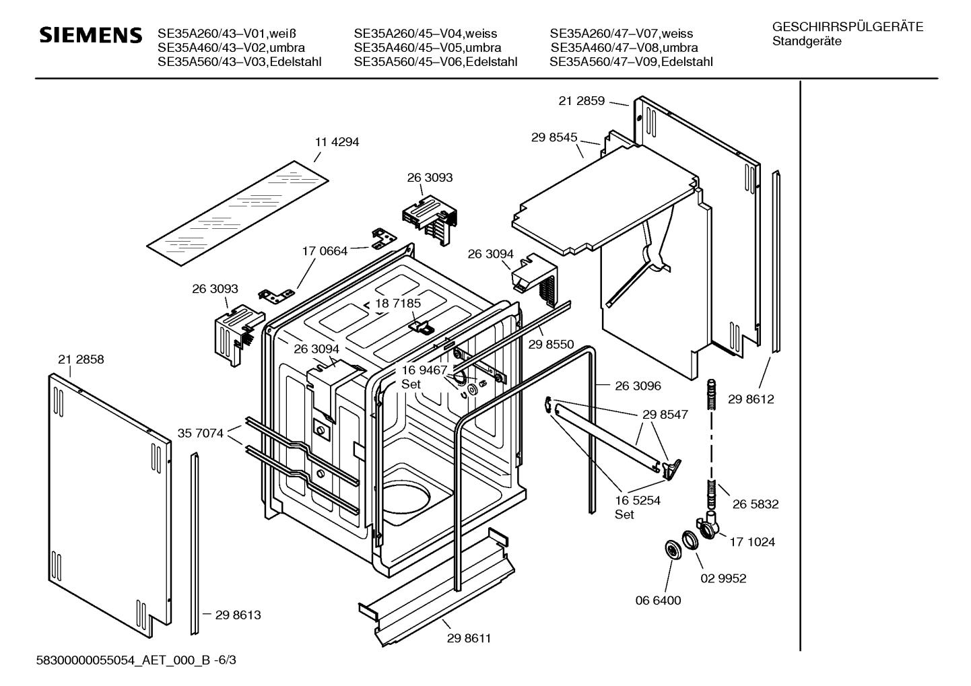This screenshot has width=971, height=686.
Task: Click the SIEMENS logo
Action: pyautogui.click(x=91, y=35)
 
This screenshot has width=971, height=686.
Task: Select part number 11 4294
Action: pyautogui.click(x=337, y=142)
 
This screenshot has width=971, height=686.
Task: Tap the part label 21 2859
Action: pyautogui.click(x=581, y=101)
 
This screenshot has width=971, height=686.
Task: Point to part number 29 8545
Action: pyautogui.click(x=554, y=137)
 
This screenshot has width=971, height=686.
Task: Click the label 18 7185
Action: pyautogui.click(x=397, y=304)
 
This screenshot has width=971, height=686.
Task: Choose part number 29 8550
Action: pyautogui.click(x=551, y=345)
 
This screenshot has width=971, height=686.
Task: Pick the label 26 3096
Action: pyautogui.click(x=638, y=386)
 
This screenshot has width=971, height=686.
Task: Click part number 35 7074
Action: pyautogui.click(x=200, y=433)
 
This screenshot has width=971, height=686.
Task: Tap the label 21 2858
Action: pyautogui.click(x=81, y=359)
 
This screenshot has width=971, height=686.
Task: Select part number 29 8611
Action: pyautogui.click(x=469, y=638)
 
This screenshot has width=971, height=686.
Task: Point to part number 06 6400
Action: pyautogui.click(x=658, y=601)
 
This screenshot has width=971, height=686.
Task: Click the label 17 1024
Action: pyautogui.click(x=752, y=542)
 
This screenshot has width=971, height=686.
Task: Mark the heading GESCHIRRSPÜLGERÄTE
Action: pyautogui.click(x=848, y=27)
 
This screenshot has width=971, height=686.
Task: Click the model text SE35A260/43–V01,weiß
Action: pyautogui.click(x=227, y=34)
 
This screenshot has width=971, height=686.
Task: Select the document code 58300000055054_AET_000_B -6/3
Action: pyautogui.click(x=136, y=660)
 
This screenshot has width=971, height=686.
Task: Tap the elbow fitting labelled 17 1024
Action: pyautogui.click(x=708, y=525)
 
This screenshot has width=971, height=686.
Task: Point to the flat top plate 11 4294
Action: pyautogui.click(x=238, y=213)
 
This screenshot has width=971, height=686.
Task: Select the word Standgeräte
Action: pyautogui.click(x=807, y=42)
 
